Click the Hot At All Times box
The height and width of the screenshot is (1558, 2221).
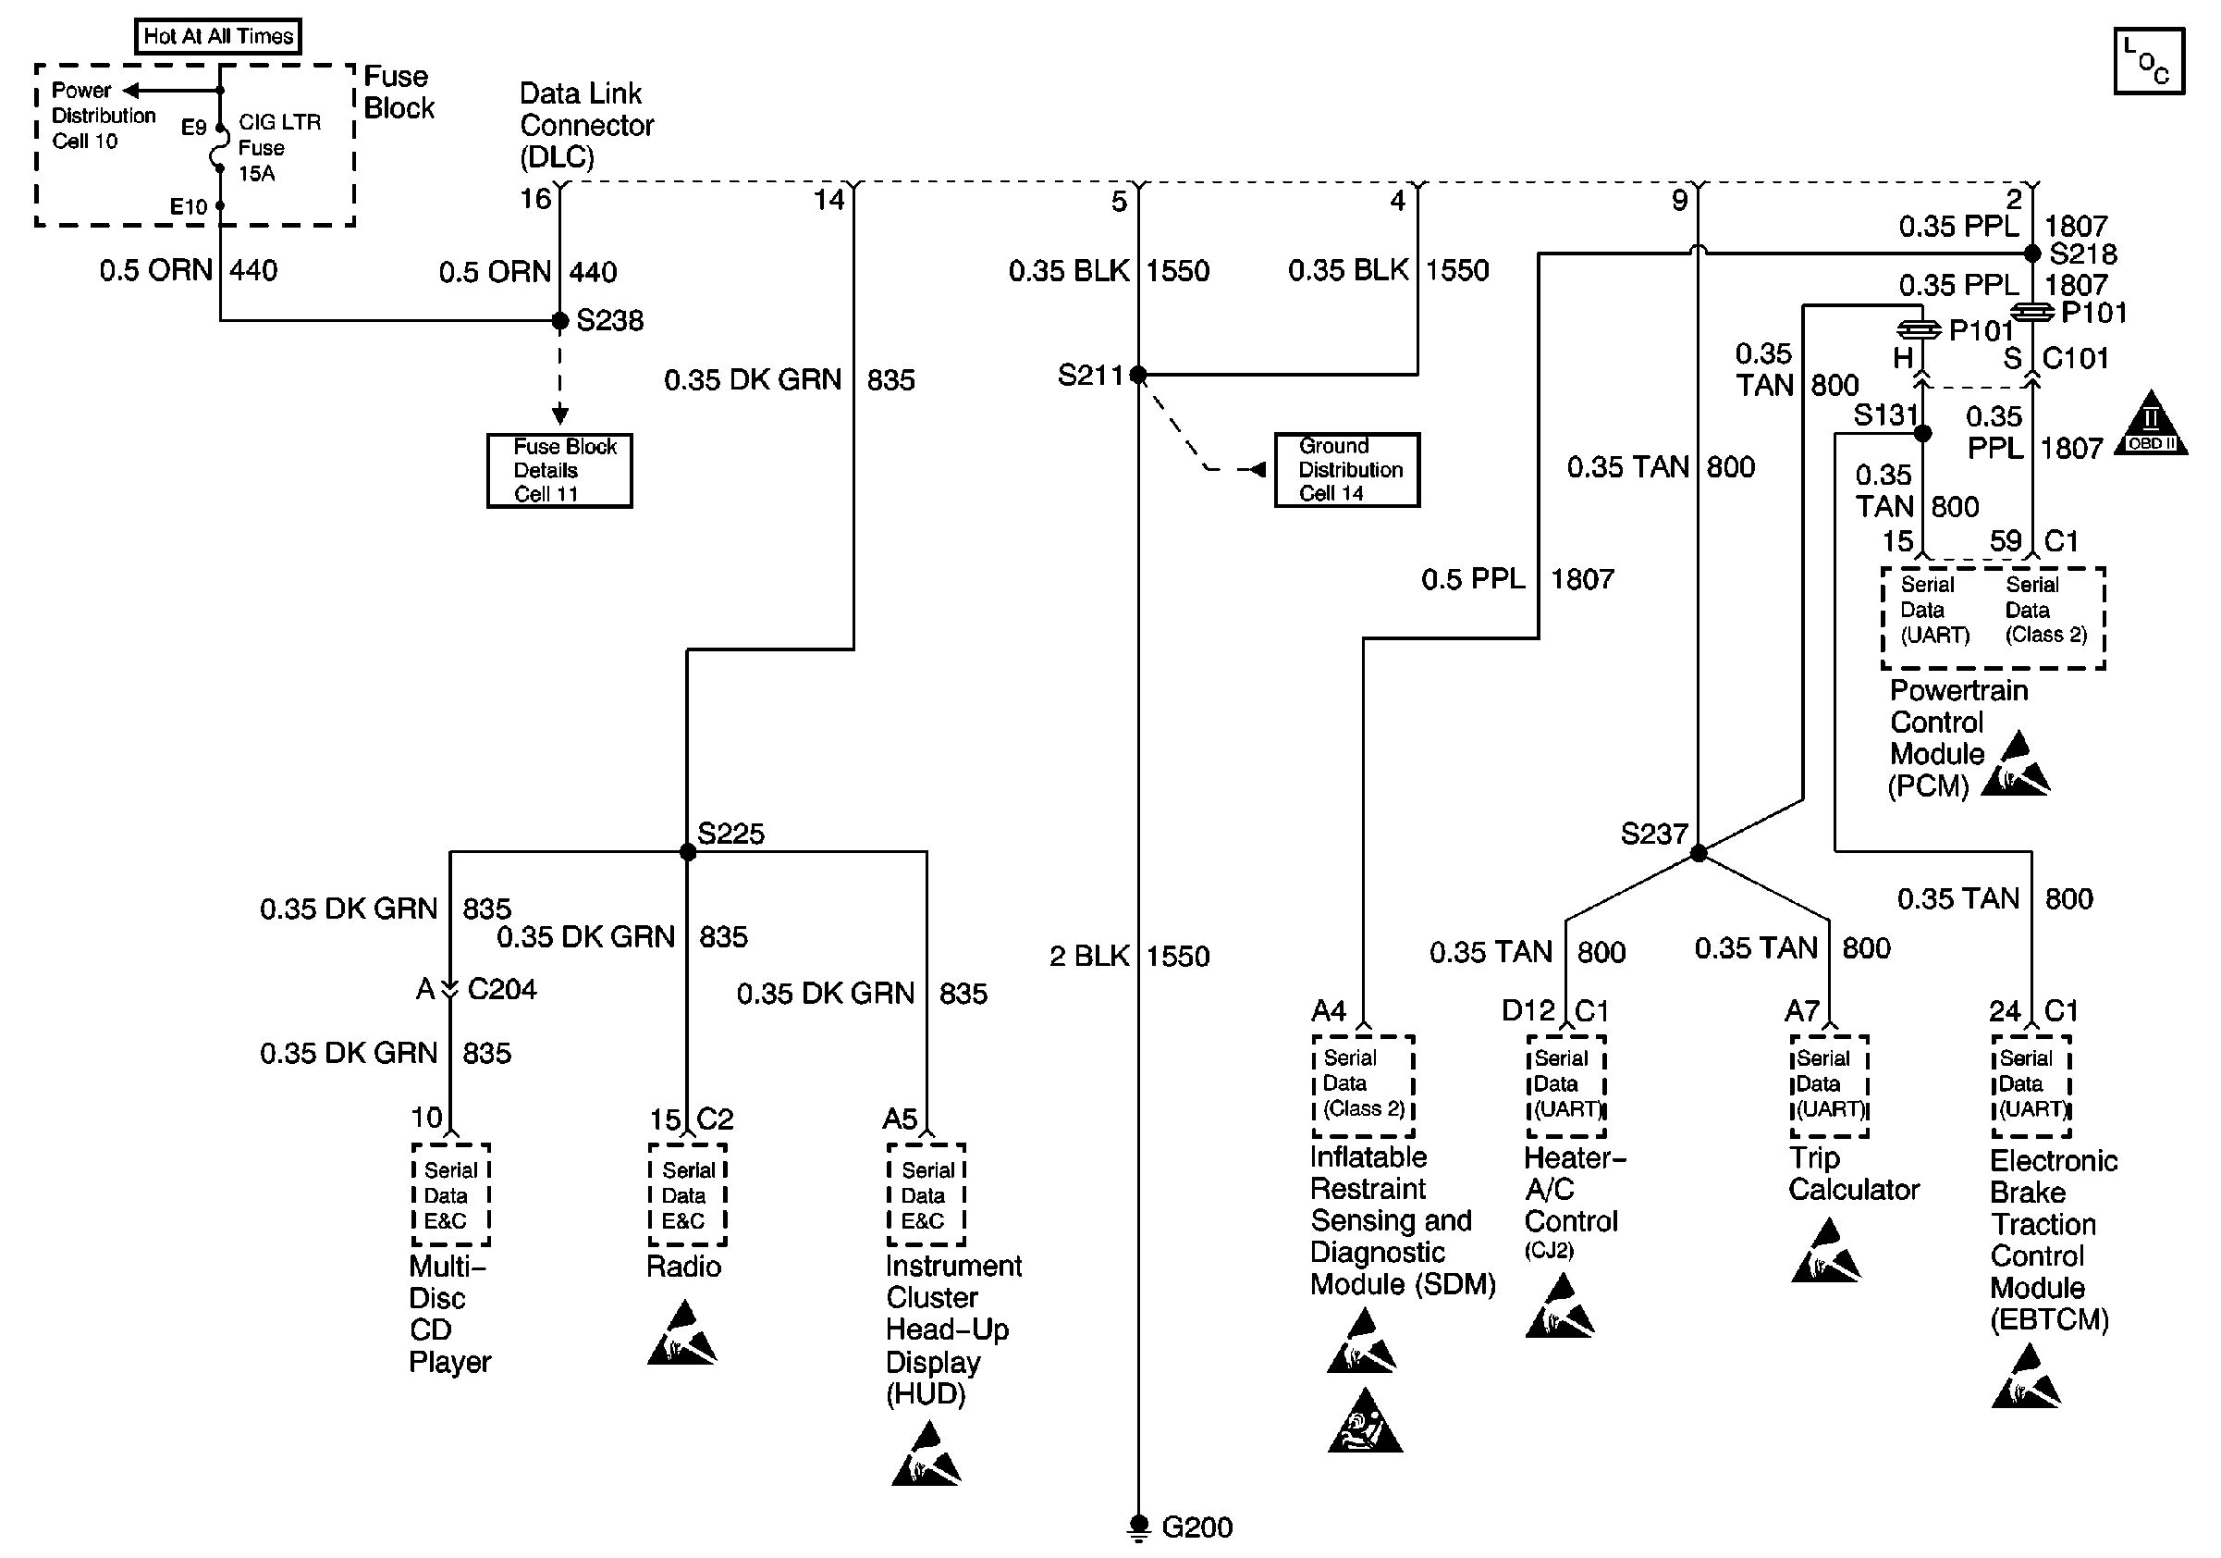[x=217, y=36]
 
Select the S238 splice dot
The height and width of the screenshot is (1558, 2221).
[x=559, y=320]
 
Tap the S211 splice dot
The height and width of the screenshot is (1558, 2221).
[x=1137, y=375]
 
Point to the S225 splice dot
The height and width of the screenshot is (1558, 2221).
[x=687, y=851]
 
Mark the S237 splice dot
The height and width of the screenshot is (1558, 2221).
[x=1698, y=852]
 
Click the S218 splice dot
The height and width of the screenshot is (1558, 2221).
[x=2032, y=253]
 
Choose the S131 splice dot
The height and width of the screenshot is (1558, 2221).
[x=1923, y=434]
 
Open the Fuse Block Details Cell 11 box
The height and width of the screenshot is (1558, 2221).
[x=559, y=470]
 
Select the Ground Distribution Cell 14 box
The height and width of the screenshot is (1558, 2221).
[x=1346, y=469]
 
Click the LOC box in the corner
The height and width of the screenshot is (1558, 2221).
[x=2149, y=61]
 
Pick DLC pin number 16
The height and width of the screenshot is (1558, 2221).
[x=535, y=199]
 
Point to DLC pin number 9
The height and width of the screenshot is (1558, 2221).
[x=1679, y=201]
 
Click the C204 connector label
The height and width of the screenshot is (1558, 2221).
[x=502, y=989]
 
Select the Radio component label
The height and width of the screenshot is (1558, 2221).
[x=684, y=1266]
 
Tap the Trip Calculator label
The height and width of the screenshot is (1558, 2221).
[x=1853, y=1173]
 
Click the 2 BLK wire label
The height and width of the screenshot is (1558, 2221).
[x=1089, y=956]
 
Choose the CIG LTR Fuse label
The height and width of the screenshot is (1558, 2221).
[x=279, y=147]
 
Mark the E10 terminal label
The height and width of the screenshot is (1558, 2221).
[x=189, y=206]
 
